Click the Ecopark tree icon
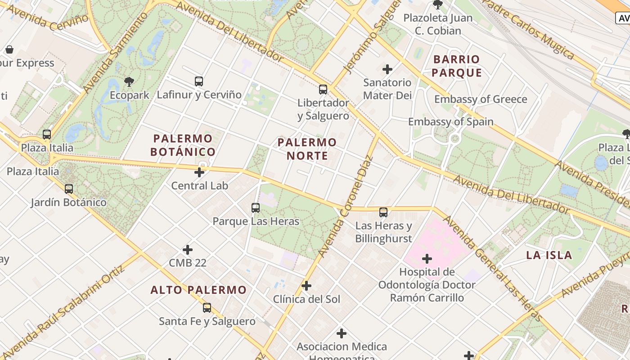pyautogui.click(x=129, y=82)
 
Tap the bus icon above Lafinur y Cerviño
pyautogui.click(x=199, y=81)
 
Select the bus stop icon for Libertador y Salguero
pyautogui.click(x=323, y=90)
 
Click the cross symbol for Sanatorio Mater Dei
pyautogui.click(x=387, y=69)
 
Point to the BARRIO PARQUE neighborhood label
pyautogui.click(x=457, y=66)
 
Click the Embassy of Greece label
pyautogui.click(x=481, y=99)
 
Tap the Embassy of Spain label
pyautogui.click(x=450, y=122)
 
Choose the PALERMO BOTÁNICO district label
pyautogui.click(x=183, y=145)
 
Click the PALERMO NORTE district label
pyautogui.click(x=307, y=149)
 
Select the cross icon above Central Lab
pyautogui.click(x=199, y=172)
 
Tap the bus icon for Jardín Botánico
pyautogui.click(x=69, y=189)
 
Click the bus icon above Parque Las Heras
pyautogui.click(x=256, y=208)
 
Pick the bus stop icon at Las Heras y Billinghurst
pyautogui.click(x=383, y=212)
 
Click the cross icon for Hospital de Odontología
pyautogui.click(x=427, y=259)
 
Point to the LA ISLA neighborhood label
pyautogui.click(x=549, y=256)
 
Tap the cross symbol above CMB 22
pyautogui.click(x=188, y=250)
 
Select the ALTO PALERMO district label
pyautogui.click(x=198, y=290)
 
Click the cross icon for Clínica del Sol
pyautogui.click(x=306, y=286)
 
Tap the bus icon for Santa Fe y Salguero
pyautogui.click(x=207, y=308)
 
